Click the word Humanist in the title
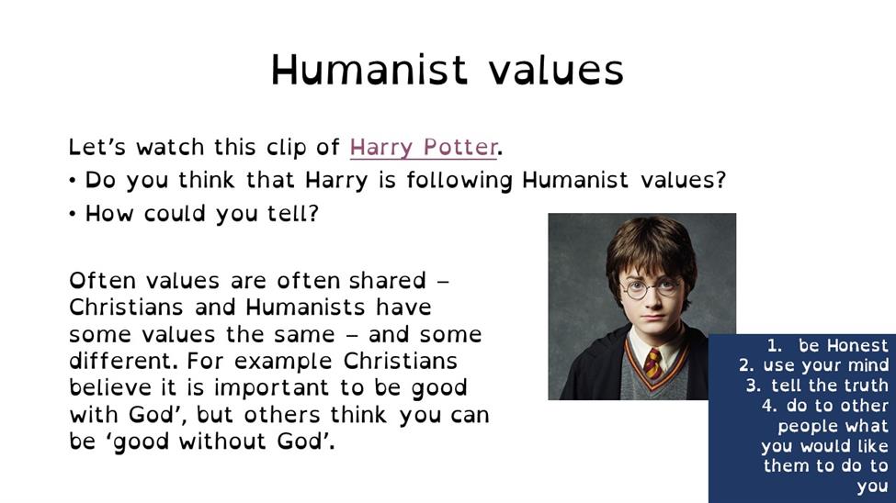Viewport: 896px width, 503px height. coord(369,70)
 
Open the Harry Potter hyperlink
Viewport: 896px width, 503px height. coord(424,147)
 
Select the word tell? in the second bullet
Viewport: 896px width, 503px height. coord(293,214)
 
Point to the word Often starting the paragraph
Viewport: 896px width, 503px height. coord(102,281)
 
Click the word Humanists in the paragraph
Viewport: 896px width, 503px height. coord(305,307)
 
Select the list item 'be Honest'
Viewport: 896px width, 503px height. coord(843,345)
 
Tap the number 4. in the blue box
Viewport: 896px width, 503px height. coord(769,406)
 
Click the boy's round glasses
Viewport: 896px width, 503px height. coord(651,288)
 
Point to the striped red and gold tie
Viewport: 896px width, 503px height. coord(653,363)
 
